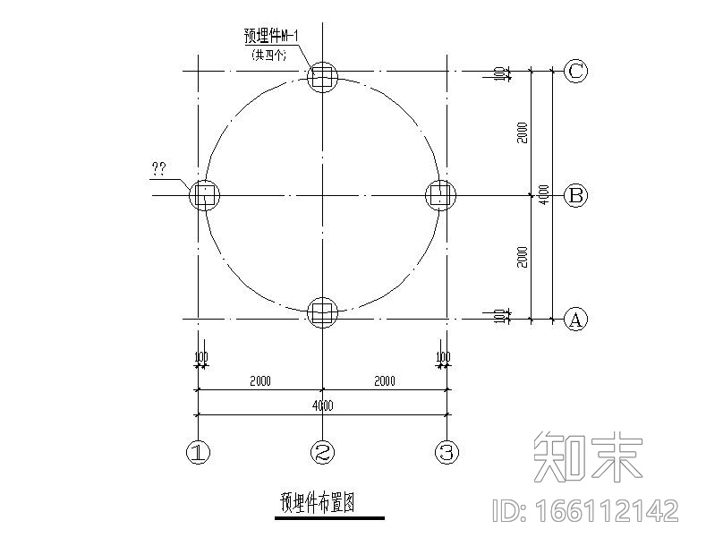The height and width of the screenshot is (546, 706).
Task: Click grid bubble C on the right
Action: click(x=576, y=72)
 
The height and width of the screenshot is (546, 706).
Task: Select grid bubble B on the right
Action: click(x=576, y=195)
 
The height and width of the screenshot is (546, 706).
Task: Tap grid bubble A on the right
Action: click(x=576, y=319)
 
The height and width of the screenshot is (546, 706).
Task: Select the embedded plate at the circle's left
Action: click(x=204, y=195)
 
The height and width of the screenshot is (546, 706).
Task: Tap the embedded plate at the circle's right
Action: click(x=439, y=195)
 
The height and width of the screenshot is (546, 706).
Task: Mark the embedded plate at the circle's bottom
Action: click(x=322, y=312)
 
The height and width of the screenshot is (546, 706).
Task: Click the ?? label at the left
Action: click(x=158, y=167)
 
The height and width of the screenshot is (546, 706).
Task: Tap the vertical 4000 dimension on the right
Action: click(x=544, y=195)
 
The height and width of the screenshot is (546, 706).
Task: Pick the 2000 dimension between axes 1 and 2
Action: click(x=259, y=381)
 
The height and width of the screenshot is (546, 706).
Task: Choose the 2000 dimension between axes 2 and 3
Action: click(x=384, y=381)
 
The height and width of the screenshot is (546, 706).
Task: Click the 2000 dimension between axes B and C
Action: click(x=523, y=132)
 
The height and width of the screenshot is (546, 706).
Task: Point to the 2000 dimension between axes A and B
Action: click(x=523, y=257)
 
